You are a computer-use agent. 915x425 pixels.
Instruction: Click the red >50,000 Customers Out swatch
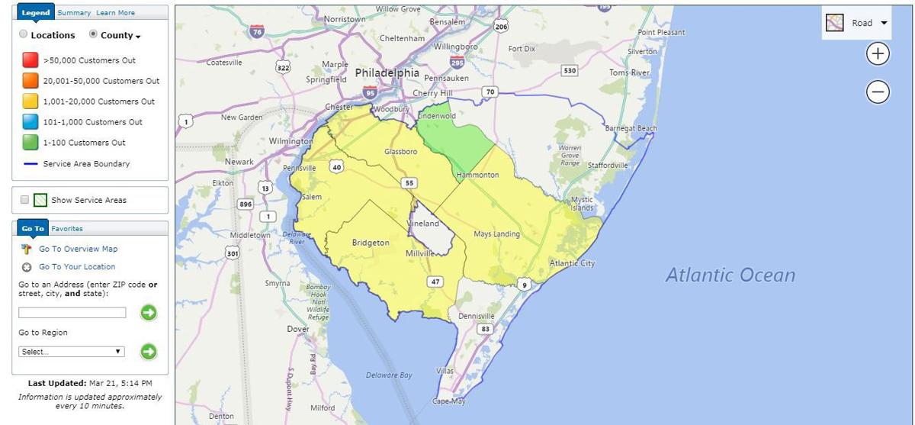coord(30,60)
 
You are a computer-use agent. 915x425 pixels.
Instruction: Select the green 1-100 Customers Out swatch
coord(30,143)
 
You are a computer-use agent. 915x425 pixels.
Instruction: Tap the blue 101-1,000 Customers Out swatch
coord(30,122)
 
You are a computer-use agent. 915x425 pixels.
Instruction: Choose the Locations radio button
coord(24,34)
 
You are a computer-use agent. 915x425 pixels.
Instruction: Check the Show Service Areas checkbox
coord(24,200)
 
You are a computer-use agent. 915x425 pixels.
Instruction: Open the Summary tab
coord(74,13)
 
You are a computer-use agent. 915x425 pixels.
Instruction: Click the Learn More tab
coord(115,13)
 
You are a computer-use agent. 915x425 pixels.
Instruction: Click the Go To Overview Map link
coord(78,249)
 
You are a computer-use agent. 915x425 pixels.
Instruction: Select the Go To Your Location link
coord(77,267)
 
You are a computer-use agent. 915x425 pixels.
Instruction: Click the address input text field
coord(72,313)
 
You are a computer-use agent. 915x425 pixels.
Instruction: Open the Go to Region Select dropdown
coord(72,352)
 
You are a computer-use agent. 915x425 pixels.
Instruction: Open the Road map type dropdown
coord(858,23)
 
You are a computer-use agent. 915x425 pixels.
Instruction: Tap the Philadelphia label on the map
coord(387,73)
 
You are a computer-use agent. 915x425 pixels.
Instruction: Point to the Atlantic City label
coord(572,263)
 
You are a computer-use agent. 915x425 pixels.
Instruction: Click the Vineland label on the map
coord(423,224)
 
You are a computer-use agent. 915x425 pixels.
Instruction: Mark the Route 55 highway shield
coord(409,183)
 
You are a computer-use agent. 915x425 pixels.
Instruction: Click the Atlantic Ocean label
coord(730,275)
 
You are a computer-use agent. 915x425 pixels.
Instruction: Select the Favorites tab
coord(67,229)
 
